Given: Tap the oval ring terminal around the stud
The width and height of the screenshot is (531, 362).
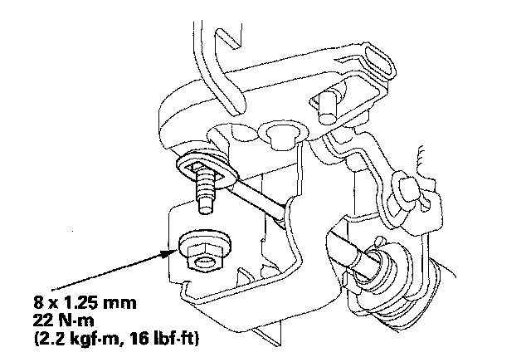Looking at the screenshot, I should [208, 169].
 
